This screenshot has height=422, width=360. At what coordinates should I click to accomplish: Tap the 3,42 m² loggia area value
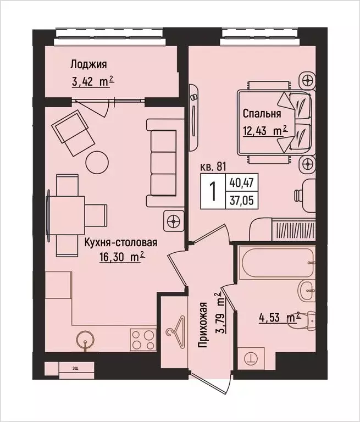click(x=92, y=83)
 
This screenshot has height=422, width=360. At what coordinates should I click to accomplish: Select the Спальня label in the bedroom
click(x=262, y=114)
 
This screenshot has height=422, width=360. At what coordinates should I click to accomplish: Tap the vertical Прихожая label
click(x=203, y=325)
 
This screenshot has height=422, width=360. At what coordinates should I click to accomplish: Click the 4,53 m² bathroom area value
click(x=280, y=317)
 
